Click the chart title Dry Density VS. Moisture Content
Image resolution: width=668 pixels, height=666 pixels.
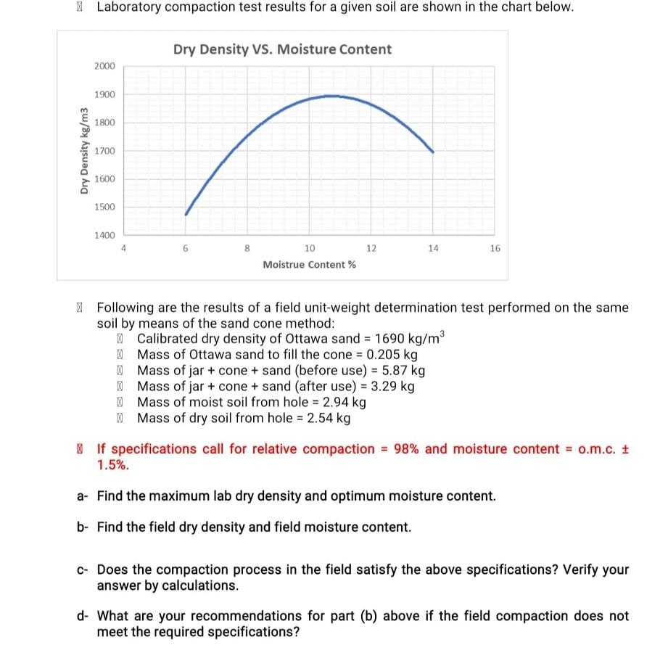(x=282, y=49)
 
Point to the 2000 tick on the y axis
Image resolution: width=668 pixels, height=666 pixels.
(x=104, y=66)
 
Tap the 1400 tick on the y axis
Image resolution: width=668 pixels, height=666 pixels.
(x=104, y=235)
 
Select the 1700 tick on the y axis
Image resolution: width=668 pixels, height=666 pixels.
(x=104, y=151)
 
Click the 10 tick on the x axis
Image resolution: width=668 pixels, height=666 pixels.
(x=310, y=248)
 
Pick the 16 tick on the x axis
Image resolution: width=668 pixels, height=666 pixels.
(x=495, y=248)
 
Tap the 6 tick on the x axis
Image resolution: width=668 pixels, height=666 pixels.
(x=186, y=248)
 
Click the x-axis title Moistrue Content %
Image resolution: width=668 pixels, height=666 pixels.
(x=309, y=265)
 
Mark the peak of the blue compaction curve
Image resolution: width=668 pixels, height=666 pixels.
(x=330, y=95)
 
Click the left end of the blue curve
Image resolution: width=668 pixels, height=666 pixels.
(x=186, y=214)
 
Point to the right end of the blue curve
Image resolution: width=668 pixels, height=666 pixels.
(x=433, y=152)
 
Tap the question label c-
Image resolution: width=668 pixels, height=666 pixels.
(x=83, y=570)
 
